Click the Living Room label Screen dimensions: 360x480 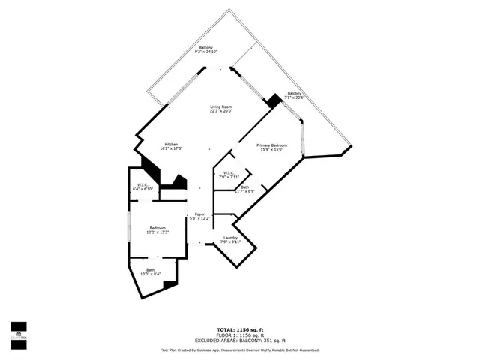(x=220, y=107)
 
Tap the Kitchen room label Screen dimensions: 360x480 (x=172, y=144)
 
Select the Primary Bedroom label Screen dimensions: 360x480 (x=272, y=145)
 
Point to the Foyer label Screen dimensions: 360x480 (x=200, y=214)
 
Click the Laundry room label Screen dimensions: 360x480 (x=229, y=238)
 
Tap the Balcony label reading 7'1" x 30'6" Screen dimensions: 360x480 (x=295, y=93)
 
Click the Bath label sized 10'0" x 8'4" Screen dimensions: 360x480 (x=151, y=268)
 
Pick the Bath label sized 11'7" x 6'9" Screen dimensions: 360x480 (x=245, y=187)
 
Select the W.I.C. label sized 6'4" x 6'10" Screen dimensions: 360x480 (x=142, y=184)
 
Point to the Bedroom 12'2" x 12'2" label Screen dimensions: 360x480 (x=157, y=228)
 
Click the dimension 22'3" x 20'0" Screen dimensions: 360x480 (x=220, y=112)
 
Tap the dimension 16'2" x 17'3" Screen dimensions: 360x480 (x=172, y=149)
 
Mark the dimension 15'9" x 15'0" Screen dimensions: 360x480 (x=272, y=150)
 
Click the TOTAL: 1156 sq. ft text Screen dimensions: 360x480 (x=240, y=329)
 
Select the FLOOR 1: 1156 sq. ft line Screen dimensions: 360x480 (x=240, y=335)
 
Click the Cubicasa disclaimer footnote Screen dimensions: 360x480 (x=240, y=349)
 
